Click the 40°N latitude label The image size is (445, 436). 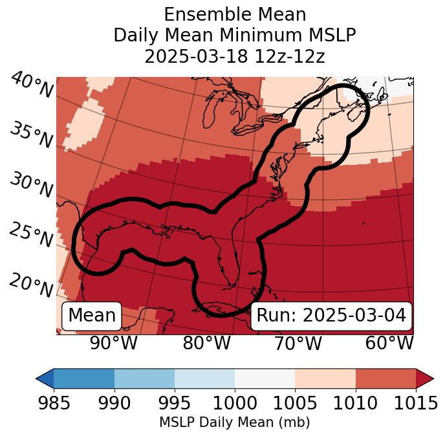click(31, 85)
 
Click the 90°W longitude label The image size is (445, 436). click(114, 343)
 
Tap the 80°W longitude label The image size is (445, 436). click(207, 343)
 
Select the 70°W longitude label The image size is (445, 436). click(298, 343)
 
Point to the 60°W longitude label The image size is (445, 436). click(389, 343)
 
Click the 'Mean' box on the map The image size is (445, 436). click(92, 316)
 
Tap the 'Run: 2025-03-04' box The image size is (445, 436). click(331, 316)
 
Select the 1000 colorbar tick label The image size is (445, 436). click(235, 404)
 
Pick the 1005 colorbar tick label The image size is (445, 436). click(295, 404)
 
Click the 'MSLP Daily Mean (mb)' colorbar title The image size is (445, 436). click(235, 422)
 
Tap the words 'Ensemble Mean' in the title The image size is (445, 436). click(235, 14)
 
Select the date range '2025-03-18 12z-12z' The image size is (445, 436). click(235, 56)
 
